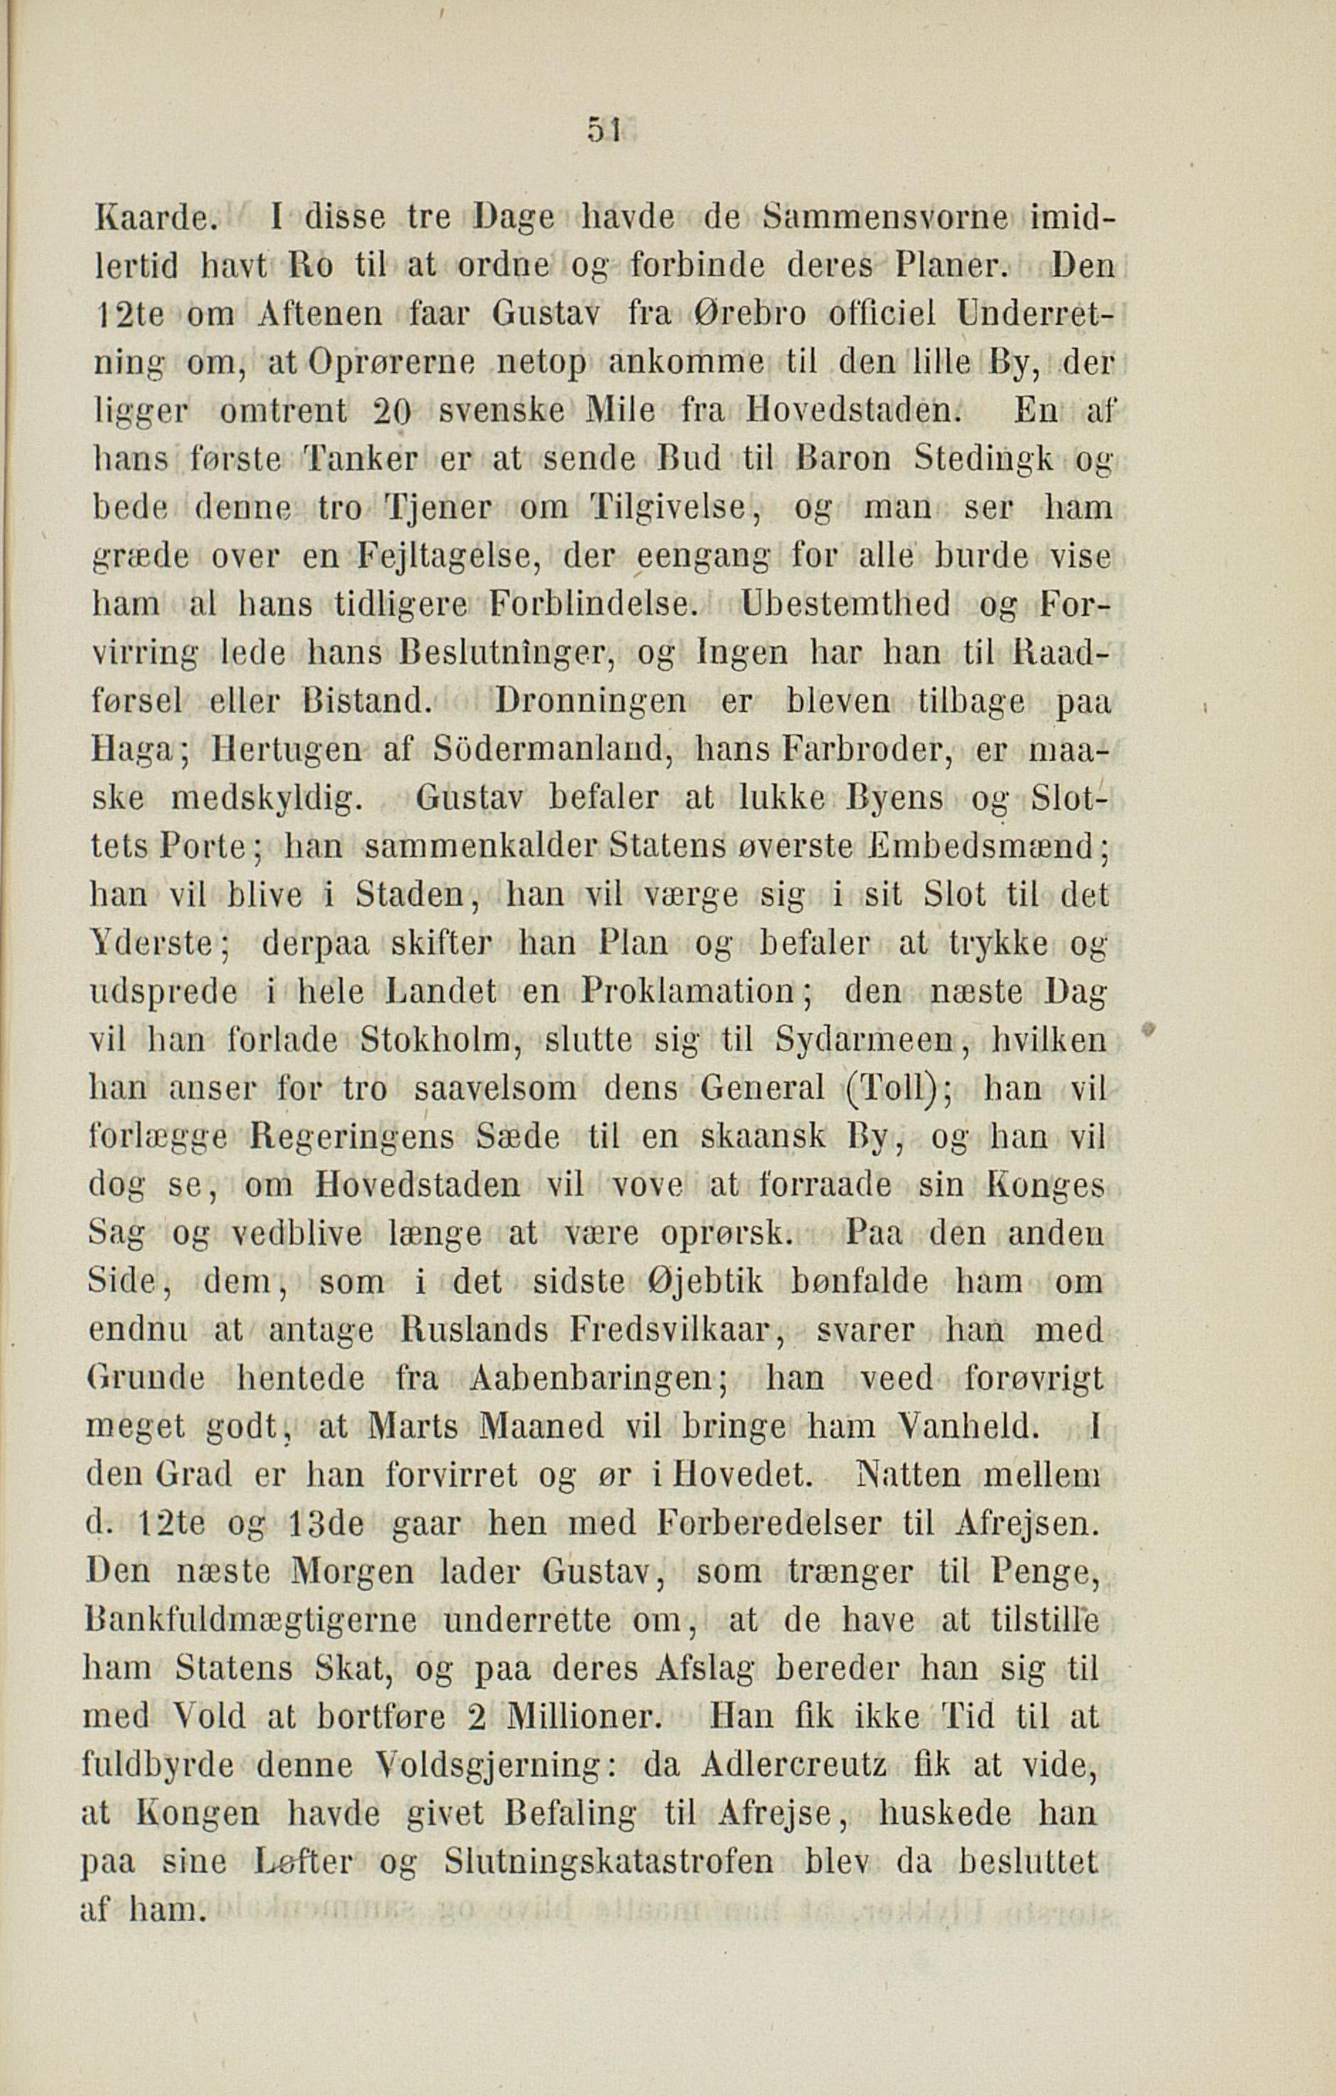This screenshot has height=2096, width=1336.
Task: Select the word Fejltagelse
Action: point(451,556)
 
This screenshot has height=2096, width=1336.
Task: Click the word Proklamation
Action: point(688,992)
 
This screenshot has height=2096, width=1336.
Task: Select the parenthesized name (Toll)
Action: point(896,1089)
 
